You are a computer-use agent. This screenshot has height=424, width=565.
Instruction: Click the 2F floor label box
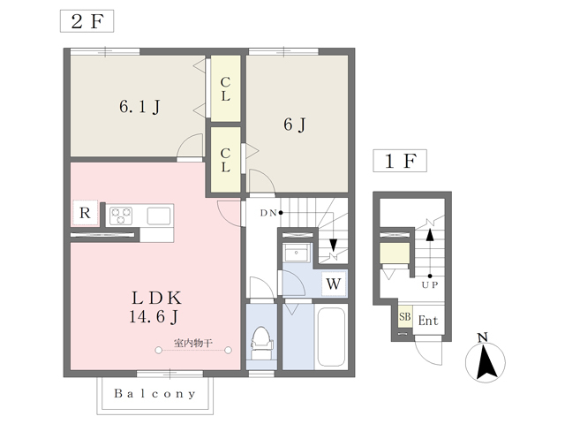coord(87,21)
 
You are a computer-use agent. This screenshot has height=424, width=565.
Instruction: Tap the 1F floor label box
coord(400,161)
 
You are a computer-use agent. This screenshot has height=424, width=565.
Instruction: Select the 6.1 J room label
coord(139,107)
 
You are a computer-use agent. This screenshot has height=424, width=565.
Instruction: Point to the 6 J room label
coord(295,125)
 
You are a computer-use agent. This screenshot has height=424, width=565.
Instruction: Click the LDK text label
coord(155,299)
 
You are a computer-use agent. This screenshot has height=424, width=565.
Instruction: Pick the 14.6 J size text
coord(154,317)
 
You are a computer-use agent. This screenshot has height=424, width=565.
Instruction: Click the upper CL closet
coord(226,88)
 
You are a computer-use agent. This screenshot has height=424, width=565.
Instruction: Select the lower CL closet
coord(226,160)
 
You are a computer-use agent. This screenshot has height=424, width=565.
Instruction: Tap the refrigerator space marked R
coord(85,213)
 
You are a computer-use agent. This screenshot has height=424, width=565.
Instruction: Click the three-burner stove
coord(121,216)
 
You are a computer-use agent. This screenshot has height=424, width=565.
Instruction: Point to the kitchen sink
coord(159,216)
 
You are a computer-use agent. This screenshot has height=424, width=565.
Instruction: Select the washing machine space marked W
coord(334,284)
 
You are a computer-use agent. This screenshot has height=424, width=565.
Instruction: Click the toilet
coord(261,344)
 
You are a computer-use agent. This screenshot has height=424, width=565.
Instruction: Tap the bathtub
coord(331,337)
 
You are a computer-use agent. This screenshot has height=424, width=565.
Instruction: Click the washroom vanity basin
coord(296,253)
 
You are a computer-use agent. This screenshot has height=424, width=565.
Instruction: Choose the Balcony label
coord(155,393)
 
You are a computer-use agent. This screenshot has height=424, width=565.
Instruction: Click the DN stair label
coord(268,213)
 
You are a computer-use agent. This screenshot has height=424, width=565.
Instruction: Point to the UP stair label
coord(430,285)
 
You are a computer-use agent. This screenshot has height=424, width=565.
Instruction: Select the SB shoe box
coord(405,317)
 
